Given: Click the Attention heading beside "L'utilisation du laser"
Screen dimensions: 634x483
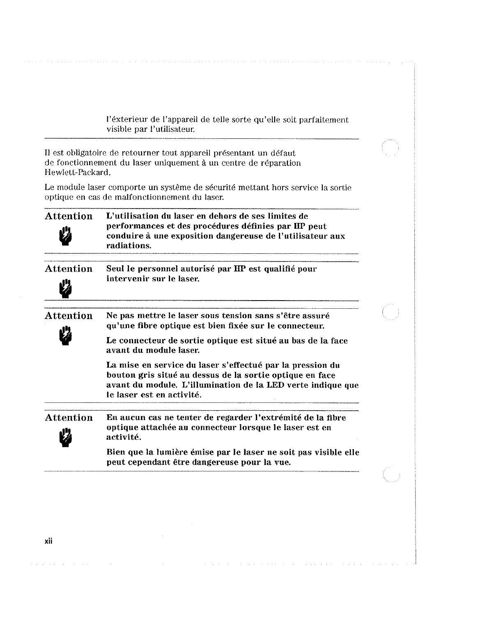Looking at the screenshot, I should (x=69, y=216).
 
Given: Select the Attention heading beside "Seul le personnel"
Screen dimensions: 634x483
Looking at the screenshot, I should (x=69, y=269).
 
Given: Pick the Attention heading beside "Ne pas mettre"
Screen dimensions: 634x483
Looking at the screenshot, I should (x=69, y=316).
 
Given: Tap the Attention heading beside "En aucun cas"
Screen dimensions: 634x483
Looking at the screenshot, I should (x=69, y=418).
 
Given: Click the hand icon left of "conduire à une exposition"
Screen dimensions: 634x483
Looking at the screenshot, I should (x=66, y=236).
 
